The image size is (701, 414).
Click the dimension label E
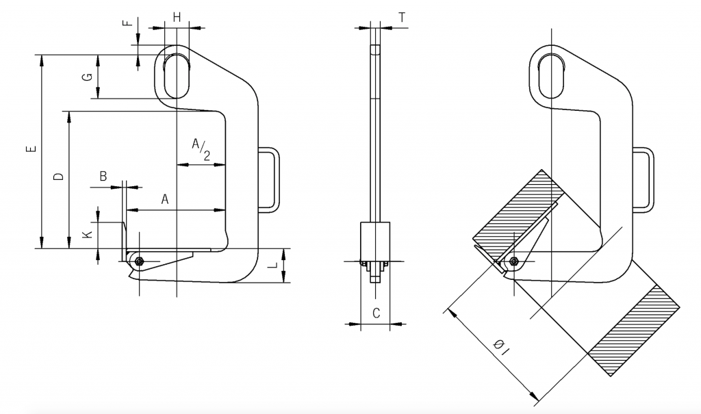coord(31,148)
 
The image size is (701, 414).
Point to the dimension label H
coord(177,17)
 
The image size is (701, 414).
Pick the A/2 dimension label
coord(201,149)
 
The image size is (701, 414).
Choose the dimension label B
coord(103,176)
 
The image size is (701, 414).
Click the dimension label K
coord(88,234)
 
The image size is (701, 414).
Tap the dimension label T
coord(402,17)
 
